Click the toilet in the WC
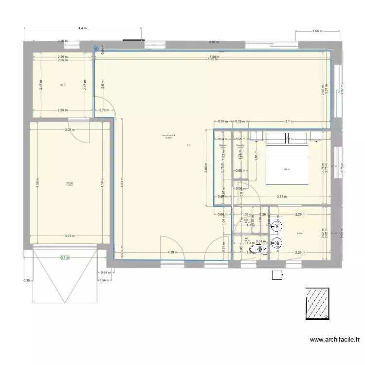coord(263,250)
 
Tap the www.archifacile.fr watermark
coord(334,340)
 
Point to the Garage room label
coord(70,183)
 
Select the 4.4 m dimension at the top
coord(82,29)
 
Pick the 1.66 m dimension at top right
coord(317,31)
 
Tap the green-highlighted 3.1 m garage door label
coord(65,258)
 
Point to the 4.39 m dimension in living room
coord(171,253)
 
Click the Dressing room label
coord(240,146)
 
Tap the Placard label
coord(222,146)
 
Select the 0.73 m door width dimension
coord(104,110)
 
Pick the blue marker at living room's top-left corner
coord(96,49)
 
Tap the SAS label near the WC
coord(247,220)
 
